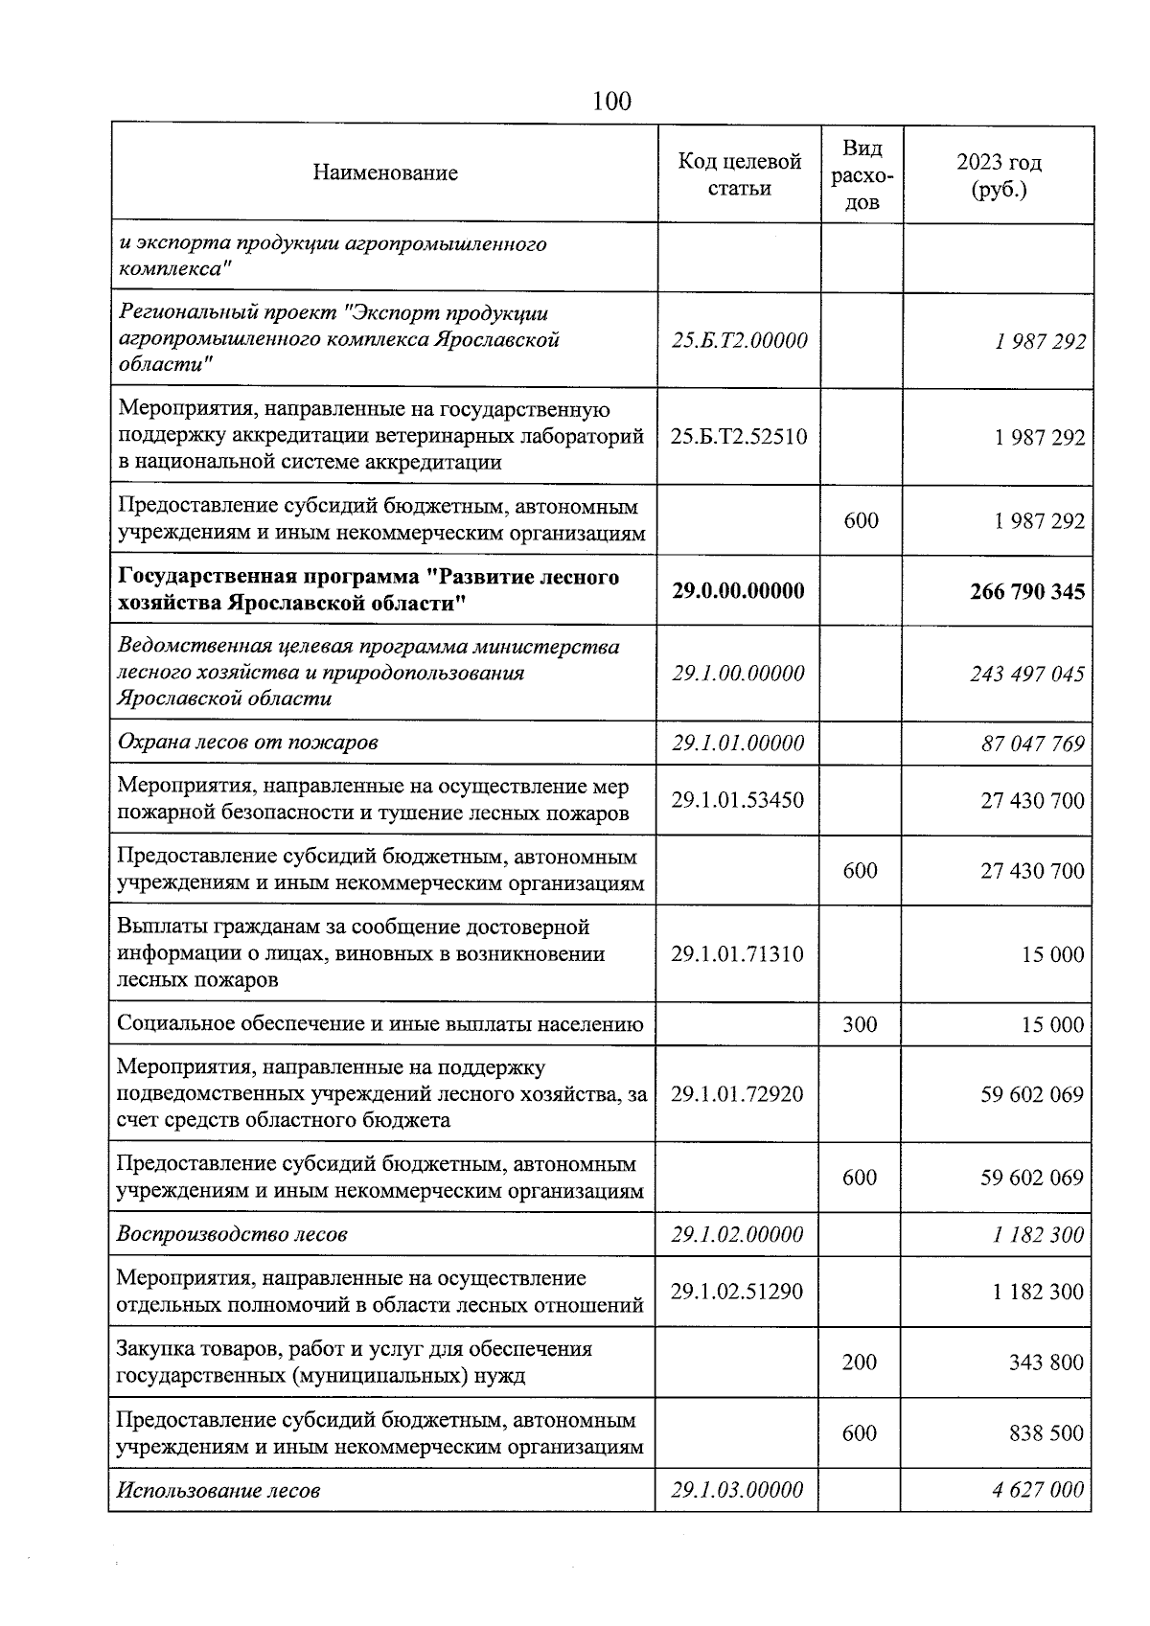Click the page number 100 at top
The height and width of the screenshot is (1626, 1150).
coord(611,100)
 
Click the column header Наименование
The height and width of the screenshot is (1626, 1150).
coord(385,173)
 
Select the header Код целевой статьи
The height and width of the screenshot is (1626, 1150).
coord(739,174)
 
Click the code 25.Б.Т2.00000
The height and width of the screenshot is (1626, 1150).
coord(739,340)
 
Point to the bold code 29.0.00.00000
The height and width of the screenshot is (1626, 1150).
coord(738,590)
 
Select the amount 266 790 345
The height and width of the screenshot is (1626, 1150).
coord(1026,591)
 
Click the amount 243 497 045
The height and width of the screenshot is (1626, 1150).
coord(1026,674)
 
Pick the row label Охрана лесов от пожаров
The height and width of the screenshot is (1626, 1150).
coord(247,743)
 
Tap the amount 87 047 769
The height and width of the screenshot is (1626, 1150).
coord(1032,744)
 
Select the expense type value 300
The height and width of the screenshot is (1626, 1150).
coord(860,1024)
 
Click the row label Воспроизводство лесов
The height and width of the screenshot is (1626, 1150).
coord(232,1234)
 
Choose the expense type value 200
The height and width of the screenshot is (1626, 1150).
coord(860,1362)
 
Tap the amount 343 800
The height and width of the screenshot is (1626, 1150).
coord(1046,1363)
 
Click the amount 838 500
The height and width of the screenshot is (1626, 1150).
coord(1046,1433)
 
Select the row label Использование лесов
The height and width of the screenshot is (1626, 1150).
coord(218,1490)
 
